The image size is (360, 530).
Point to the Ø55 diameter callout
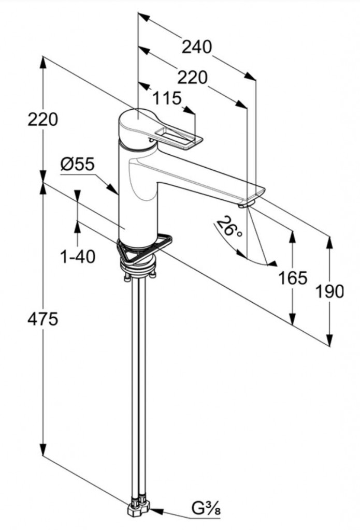77,165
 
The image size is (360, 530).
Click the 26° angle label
229,226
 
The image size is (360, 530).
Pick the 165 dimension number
292,278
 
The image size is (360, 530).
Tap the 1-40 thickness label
78,256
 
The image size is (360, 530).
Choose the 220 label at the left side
42,120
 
